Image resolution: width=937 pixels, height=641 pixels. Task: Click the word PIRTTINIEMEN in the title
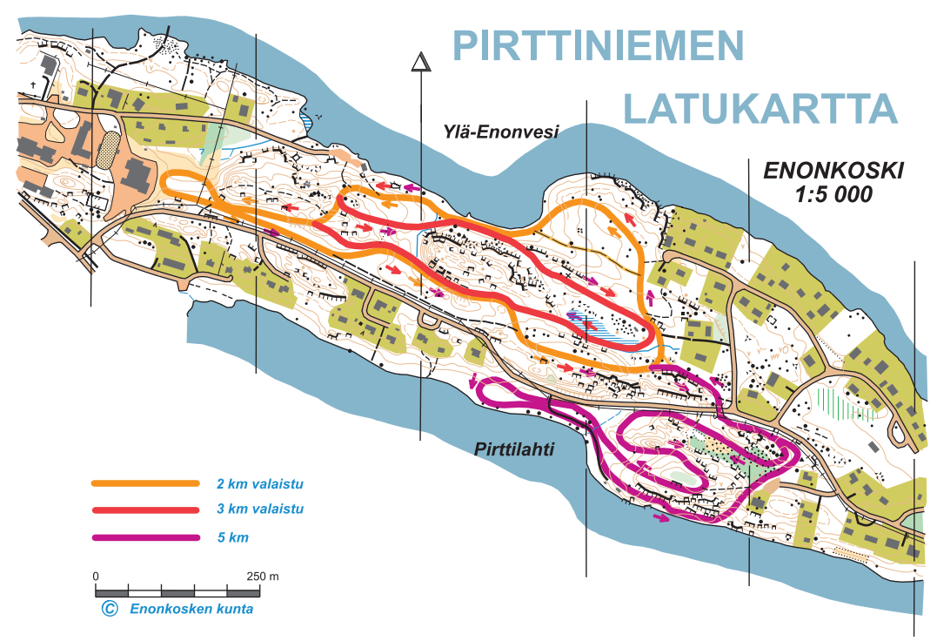tap(599, 45)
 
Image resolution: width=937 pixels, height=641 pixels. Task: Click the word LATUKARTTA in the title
tap(760, 108)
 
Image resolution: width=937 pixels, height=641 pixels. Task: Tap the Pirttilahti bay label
tap(514, 449)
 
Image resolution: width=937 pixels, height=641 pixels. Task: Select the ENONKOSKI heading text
tap(833, 170)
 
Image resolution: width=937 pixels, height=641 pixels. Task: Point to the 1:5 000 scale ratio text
tap(833, 195)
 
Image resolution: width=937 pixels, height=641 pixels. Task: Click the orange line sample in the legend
tap(145, 482)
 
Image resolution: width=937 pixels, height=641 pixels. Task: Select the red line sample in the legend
tap(145, 509)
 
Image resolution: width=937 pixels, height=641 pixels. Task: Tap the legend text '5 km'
tap(233, 537)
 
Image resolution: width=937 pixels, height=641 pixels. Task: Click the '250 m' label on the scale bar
tap(262, 577)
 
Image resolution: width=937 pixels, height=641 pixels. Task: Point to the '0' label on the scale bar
tap(96, 577)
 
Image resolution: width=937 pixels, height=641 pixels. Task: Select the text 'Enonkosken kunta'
tap(191, 609)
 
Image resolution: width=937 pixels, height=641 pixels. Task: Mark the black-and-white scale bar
tap(177, 592)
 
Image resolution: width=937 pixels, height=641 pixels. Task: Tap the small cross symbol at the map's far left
tap(35, 85)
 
